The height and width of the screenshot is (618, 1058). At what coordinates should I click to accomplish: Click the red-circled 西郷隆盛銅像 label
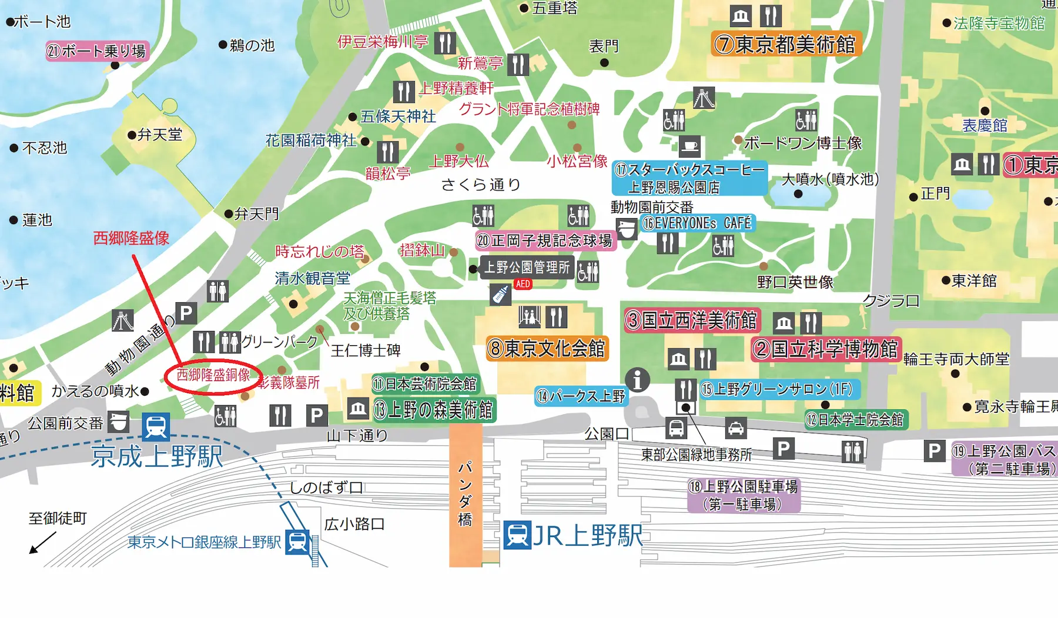click(x=213, y=375)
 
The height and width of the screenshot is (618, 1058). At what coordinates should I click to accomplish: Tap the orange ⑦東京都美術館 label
click(x=786, y=44)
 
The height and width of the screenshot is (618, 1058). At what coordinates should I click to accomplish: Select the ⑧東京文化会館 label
click(x=547, y=349)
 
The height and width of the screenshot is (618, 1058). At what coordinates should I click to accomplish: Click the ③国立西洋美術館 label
click(x=692, y=320)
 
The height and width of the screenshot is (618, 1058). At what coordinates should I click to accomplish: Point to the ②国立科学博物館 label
click(x=826, y=349)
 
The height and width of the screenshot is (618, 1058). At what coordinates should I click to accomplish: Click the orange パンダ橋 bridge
click(x=466, y=494)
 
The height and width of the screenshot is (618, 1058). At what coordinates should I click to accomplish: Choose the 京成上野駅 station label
click(x=157, y=456)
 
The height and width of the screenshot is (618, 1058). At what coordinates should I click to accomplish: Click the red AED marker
click(x=523, y=284)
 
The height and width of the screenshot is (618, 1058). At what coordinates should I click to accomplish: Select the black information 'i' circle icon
click(x=637, y=380)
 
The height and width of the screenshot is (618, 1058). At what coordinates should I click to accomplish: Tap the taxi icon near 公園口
click(x=735, y=428)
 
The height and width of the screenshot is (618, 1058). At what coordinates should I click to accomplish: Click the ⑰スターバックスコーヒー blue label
click(x=689, y=178)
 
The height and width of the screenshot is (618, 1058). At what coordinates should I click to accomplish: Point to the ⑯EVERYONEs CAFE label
click(x=697, y=223)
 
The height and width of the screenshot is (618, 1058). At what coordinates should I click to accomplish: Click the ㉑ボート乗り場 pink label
click(x=97, y=51)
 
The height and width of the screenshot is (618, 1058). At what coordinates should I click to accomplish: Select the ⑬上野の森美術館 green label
click(x=434, y=410)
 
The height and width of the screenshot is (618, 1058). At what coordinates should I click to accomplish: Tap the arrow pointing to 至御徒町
click(x=42, y=543)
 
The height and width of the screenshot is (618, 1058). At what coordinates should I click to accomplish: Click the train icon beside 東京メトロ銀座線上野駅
click(x=297, y=542)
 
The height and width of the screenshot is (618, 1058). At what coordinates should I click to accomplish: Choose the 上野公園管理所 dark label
click(x=527, y=268)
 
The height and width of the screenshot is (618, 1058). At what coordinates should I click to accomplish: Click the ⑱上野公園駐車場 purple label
click(x=744, y=495)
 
